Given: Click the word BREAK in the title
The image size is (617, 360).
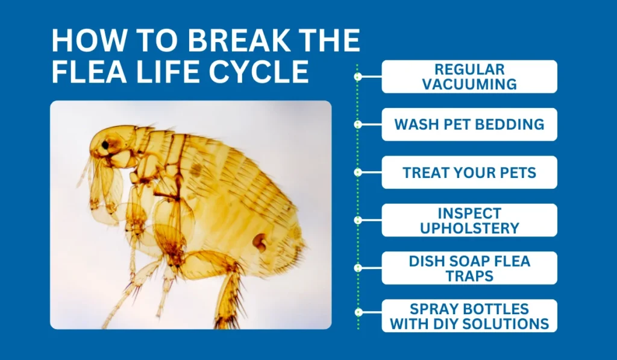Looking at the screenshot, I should [228, 42].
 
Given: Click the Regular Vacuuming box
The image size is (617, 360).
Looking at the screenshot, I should [469, 77].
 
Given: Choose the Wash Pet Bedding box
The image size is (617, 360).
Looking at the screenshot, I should [469, 124].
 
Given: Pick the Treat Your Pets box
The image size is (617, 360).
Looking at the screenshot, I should [469, 172].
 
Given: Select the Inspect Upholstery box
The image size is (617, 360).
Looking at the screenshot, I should [469, 220].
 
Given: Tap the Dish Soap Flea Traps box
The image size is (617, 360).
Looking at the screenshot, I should [469, 268].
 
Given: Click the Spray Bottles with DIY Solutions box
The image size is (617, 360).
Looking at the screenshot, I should [469, 316].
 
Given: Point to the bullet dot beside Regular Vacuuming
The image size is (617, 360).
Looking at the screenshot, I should [358, 77].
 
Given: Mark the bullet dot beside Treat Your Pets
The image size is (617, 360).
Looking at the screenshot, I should [358, 172].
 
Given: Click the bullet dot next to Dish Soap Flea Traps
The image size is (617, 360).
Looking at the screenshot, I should [358, 268].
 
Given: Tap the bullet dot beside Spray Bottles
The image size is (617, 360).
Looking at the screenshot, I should [358, 313].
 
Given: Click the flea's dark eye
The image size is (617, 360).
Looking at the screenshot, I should [105, 145].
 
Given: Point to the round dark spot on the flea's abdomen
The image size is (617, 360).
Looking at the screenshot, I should [260, 242].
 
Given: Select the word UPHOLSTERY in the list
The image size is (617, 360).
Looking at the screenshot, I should [469, 229].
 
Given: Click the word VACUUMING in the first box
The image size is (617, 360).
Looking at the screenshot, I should [469, 84].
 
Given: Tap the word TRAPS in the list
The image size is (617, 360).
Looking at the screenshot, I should [469, 276].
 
